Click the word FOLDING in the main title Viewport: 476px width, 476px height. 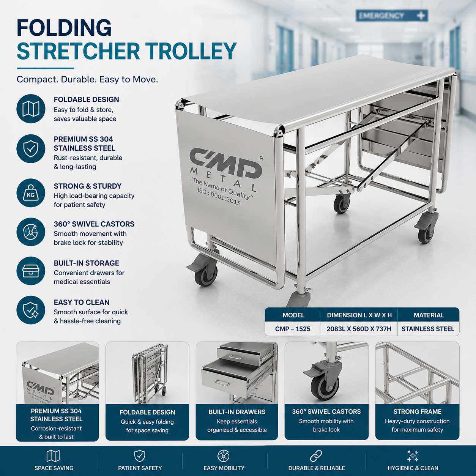click(x=64, y=28)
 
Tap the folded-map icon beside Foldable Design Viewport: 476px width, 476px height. click(x=31, y=109)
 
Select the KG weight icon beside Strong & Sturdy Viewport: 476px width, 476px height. click(x=31, y=194)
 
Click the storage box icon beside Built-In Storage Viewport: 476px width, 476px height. click(x=31, y=271)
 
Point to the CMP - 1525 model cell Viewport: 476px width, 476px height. click(x=293, y=329)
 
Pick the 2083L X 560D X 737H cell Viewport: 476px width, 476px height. click(x=359, y=329)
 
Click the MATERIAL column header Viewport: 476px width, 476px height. click(x=429, y=315)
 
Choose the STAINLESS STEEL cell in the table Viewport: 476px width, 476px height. click(x=428, y=329)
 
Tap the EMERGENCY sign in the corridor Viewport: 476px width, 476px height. click(x=392, y=16)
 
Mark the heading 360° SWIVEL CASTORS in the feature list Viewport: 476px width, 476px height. click(x=94, y=224)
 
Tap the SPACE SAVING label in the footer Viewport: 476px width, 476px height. click(x=54, y=468)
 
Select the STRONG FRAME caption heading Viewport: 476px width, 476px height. click(x=418, y=411)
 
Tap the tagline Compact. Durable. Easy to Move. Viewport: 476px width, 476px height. click(x=87, y=80)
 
